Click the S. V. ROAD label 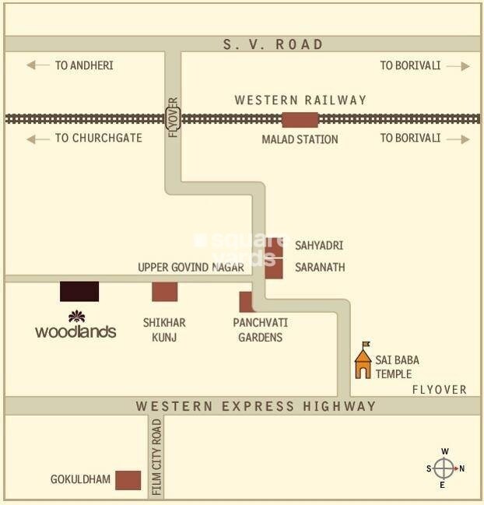coord(273,44)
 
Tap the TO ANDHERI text coord(84,65)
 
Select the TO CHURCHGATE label coord(98,138)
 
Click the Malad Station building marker coord(300,120)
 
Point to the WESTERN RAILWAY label coord(300,100)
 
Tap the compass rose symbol coord(444,468)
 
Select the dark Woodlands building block coord(79,291)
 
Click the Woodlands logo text coord(75,331)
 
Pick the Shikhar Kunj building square coord(164,292)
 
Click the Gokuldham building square coord(128,480)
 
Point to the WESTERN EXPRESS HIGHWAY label coord(256,406)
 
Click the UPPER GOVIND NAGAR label coord(191,267)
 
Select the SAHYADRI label coord(318,245)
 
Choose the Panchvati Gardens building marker coord(246,302)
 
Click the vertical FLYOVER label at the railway coord(173,117)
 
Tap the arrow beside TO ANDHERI coord(38,65)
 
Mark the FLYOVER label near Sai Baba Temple coord(440,389)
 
